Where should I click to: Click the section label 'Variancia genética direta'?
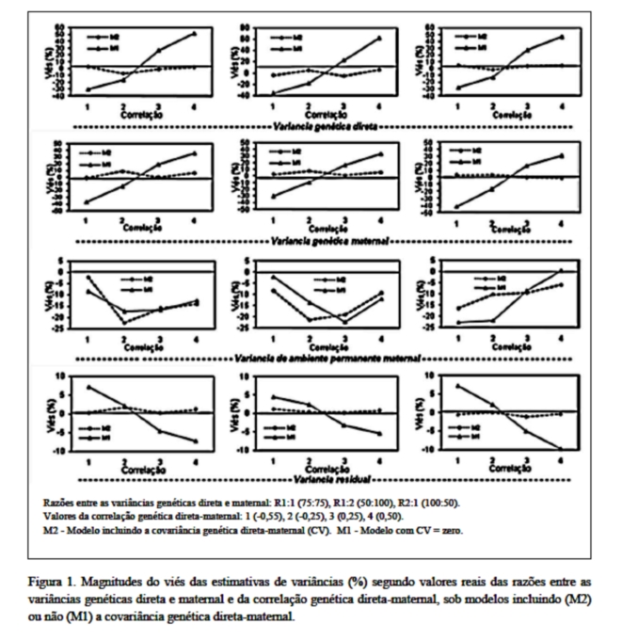click(325, 123)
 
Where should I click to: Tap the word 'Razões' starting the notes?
click(62, 504)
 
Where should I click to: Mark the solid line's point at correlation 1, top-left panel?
click(88, 89)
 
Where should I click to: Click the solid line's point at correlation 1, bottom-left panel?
click(88, 387)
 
